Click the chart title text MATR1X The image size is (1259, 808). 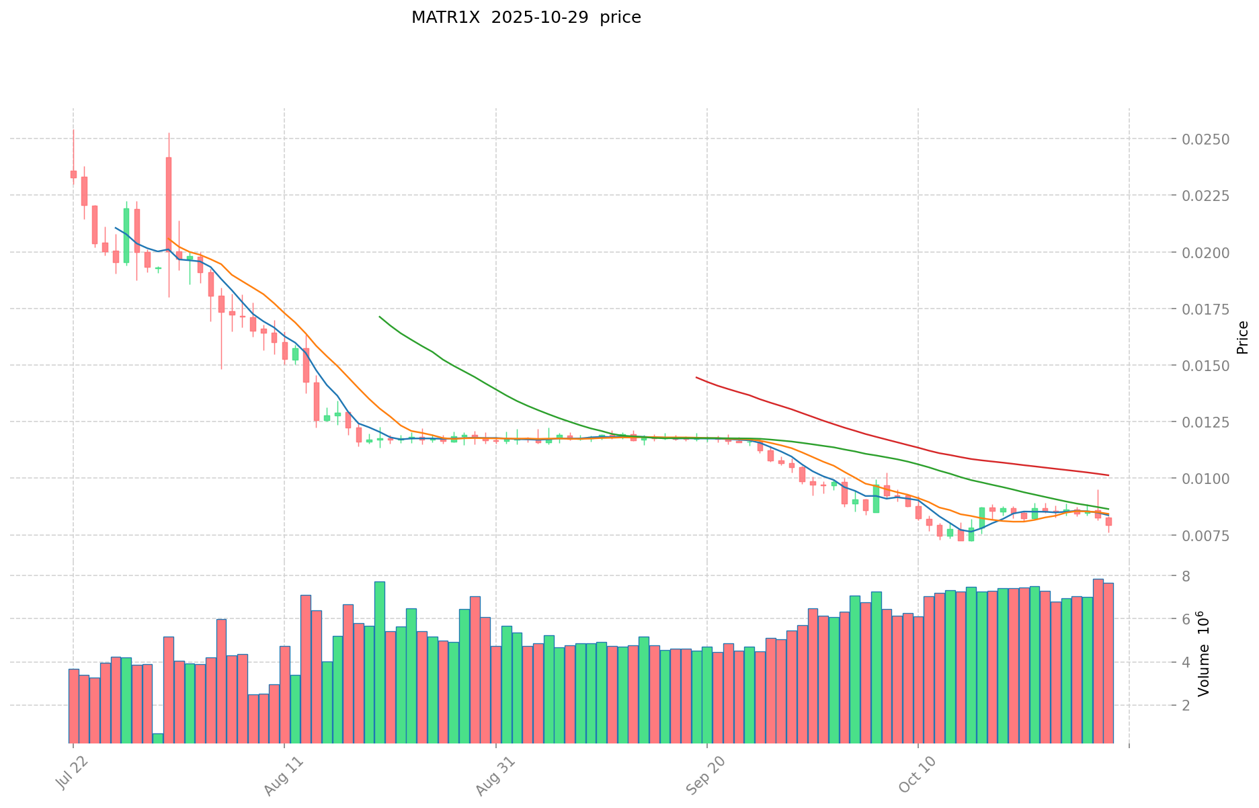[446, 17]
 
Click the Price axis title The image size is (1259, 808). [1242, 337]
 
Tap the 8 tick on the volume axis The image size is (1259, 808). [1185, 576]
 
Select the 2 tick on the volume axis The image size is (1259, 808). [1185, 705]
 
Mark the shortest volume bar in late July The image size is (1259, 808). [157, 737]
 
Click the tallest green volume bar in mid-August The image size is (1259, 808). [380, 662]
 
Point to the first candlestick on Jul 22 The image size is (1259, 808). [73, 174]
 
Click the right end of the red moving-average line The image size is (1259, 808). [1108, 475]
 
